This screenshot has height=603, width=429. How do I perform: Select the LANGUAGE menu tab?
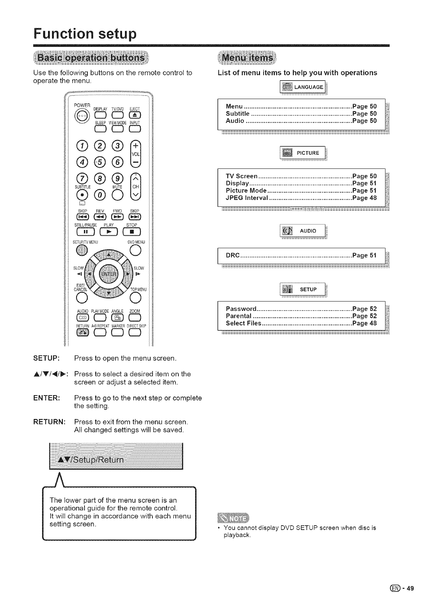click(303, 87)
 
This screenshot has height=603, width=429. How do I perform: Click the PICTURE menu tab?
click(303, 153)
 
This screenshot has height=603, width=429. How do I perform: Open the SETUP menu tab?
click(303, 290)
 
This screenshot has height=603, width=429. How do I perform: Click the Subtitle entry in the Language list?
click(238, 114)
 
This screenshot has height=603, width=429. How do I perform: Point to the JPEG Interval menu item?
click(247, 198)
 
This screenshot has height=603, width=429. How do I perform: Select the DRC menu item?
click(233, 256)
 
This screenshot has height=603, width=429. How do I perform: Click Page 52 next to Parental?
click(364, 316)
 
